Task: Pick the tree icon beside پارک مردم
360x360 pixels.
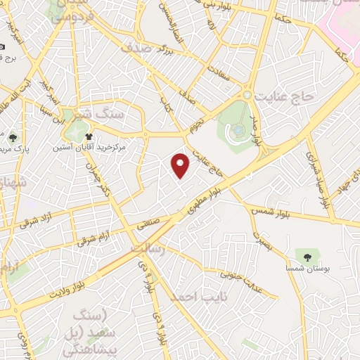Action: (14, 136)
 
